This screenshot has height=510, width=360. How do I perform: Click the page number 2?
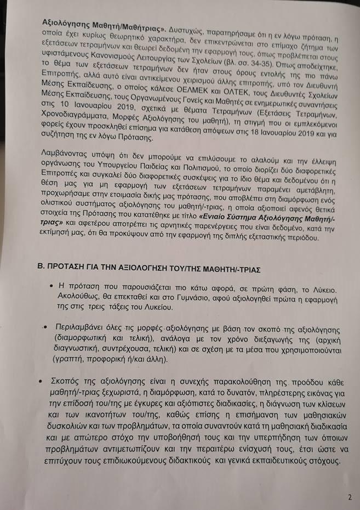[x=349, y=497]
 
